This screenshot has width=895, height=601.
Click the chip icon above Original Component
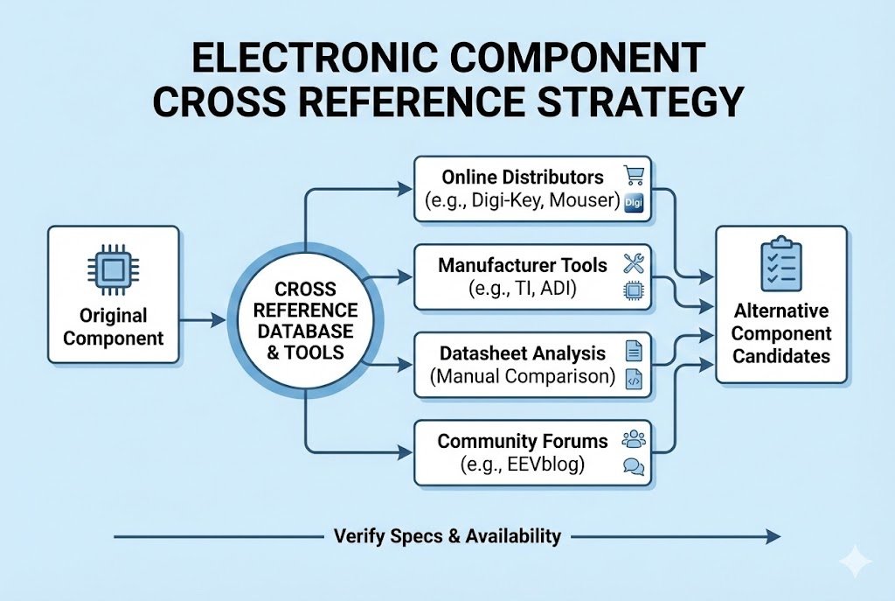(113, 272)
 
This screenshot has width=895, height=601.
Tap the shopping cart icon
(633, 175)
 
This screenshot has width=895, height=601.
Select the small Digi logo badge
(635, 203)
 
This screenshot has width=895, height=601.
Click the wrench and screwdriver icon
(634, 263)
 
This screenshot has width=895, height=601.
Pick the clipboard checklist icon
(781, 265)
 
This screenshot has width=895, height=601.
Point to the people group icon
(634, 438)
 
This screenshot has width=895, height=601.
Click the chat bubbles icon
(634, 466)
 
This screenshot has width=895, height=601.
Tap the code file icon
(635, 380)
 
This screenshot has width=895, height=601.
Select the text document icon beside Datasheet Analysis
(635, 352)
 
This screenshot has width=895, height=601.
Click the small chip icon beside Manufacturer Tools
(634, 291)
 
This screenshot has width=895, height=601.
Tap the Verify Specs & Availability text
(447, 536)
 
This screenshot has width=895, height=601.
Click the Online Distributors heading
(522, 177)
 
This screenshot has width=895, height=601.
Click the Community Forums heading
(522, 441)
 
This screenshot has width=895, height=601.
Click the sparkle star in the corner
(853, 562)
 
